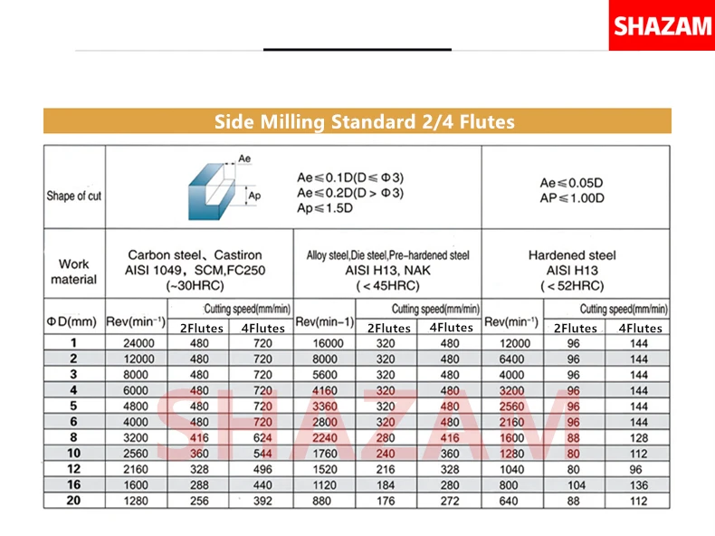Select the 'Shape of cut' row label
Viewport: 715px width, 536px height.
tap(74, 196)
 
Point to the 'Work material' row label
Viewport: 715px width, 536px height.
tap(74, 272)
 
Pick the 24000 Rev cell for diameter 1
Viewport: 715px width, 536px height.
tap(137, 344)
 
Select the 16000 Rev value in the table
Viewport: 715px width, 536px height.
tap(326, 344)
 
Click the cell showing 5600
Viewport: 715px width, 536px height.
tap(326, 375)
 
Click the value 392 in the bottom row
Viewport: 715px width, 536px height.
tap(262, 501)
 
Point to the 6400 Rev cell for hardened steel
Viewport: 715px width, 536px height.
tap(511, 359)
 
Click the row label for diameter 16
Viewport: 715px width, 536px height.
tap(73, 485)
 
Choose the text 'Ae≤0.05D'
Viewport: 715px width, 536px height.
tap(572, 183)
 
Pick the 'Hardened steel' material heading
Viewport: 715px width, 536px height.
tap(572, 255)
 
